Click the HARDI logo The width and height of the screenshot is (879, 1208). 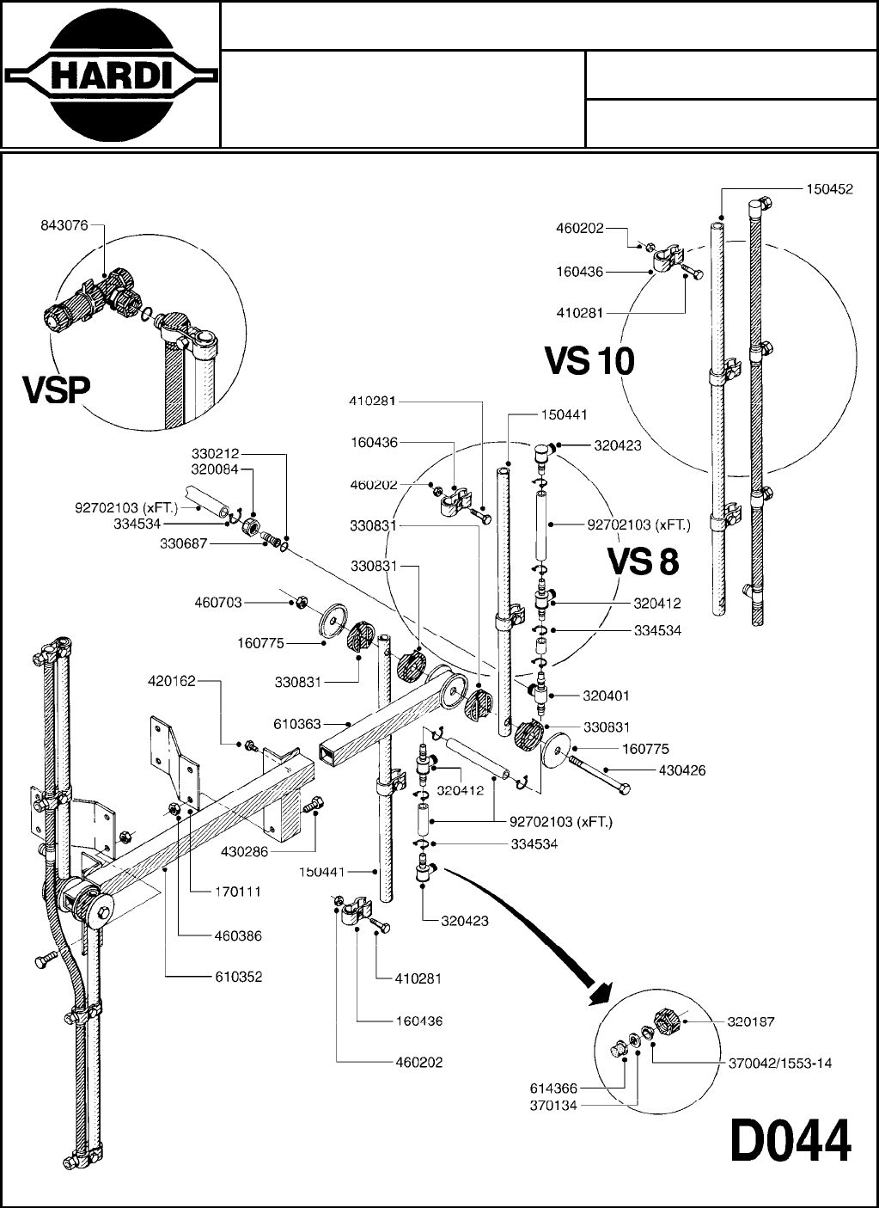110,75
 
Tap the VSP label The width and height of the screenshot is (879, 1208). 57,389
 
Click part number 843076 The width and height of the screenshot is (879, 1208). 64,226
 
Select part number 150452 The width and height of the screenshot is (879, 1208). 829,189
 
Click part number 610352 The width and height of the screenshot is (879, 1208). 239,977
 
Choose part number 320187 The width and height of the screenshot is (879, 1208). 751,1021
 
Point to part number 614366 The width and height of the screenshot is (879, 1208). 553,1088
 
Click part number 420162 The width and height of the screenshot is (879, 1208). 172,681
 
